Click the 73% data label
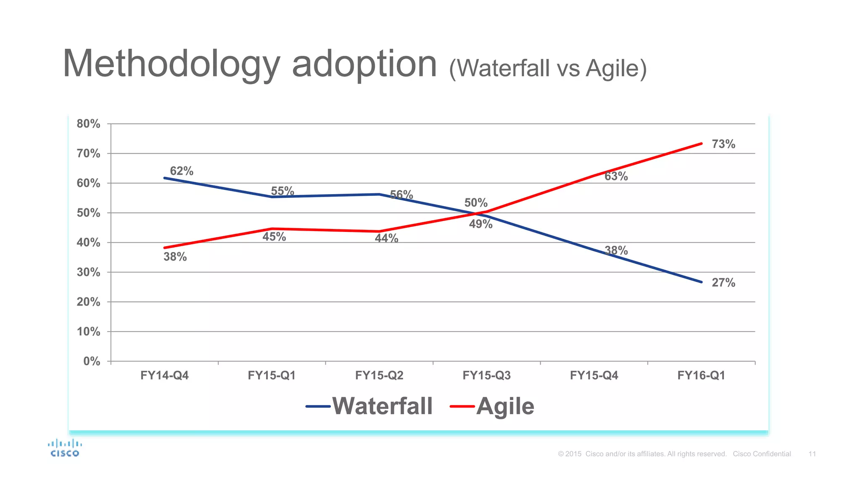[x=723, y=144]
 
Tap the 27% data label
[x=723, y=283]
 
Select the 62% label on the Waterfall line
[x=182, y=171]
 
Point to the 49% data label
[x=481, y=224]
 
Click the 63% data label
[x=616, y=176]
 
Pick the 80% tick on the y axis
[x=88, y=124]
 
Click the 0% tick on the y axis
[x=92, y=361]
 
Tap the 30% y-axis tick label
[x=88, y=272]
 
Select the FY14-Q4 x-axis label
[x=164, y=375]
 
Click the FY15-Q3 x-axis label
[x=486, y=375]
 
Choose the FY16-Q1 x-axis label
[x=701, y=375]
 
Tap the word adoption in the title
[x=364, y=64]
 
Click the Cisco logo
[x=65, y=448]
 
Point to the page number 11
[x=812, y=454]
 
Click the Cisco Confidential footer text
[x=762, y=454]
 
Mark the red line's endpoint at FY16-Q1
[x=701, y=144]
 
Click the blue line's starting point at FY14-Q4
[x=164, y=178]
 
